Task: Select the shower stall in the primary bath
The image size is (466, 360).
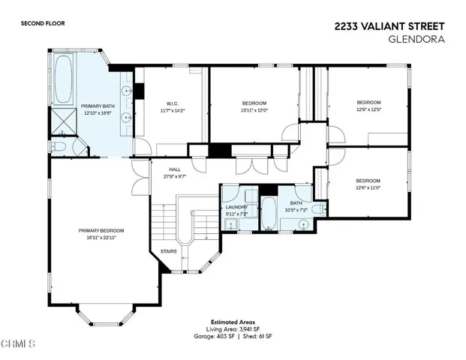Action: click(x=63, y=118)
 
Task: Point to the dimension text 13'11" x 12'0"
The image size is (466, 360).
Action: click(x=254, y=109)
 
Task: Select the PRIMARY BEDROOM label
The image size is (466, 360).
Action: click(x=101, y=230)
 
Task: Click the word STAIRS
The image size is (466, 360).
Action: click(x=168, y=251)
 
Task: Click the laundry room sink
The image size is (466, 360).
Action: click(x=231, y=224)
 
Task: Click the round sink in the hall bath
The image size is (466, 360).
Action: click(x=304, y=224)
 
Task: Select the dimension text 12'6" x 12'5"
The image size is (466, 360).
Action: click(x=368, y=109)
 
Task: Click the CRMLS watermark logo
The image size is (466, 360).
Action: click(x=18, y=344)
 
